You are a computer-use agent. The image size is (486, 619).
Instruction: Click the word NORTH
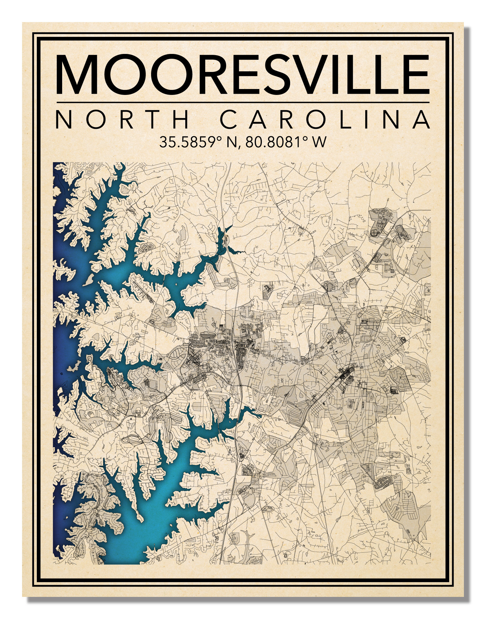click(x=122, y=119)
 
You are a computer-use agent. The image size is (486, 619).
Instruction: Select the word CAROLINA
click(x=325, y=119)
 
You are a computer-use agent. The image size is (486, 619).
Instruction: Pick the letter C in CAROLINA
click(x=229, y=119)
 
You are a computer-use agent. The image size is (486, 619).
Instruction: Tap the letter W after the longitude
click(x=319, y=142)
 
